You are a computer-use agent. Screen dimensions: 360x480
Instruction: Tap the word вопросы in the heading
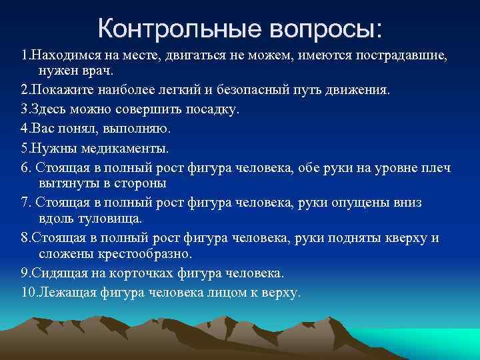click(325, 29)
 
